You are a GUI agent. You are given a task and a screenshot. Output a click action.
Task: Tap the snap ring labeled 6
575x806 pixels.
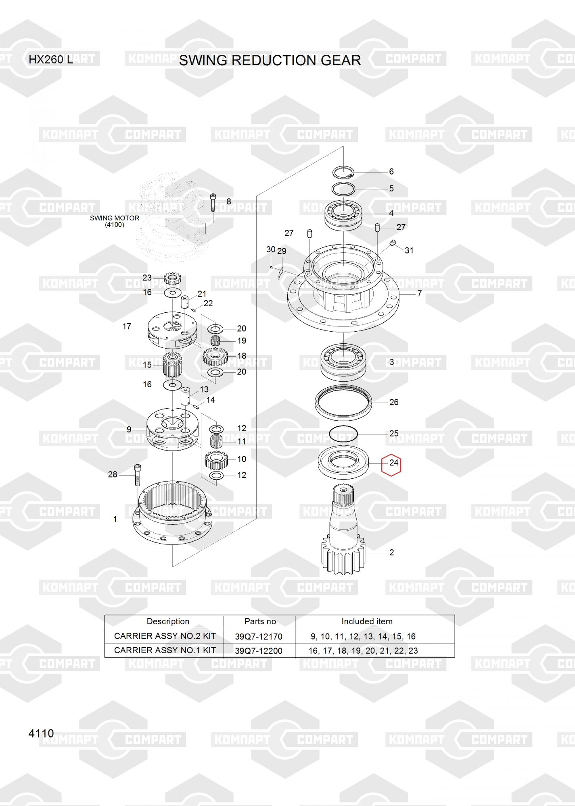pyautogui.click(x=343, y=173)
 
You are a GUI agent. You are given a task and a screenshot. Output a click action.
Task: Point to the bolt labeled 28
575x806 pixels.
pyautogui.click(x=137, y=476)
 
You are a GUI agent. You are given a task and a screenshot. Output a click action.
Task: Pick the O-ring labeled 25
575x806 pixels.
pyautogui.click(x=343, y=434)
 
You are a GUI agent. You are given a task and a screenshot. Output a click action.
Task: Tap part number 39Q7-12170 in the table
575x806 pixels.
pyautogui.click(x=259, y=636)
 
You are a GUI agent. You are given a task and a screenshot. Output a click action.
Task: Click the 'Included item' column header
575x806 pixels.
pyautogui.click(x=367, y=621)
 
